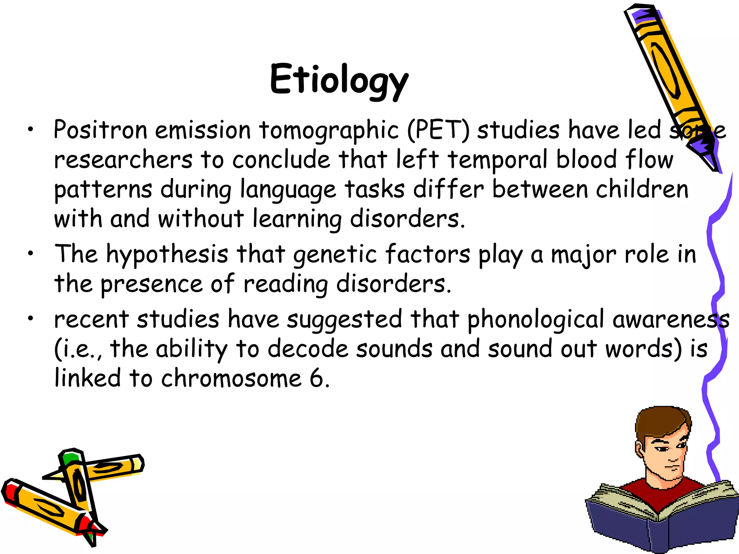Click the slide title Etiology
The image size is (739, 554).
(339, 80)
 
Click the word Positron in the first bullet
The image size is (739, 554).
(100, 130)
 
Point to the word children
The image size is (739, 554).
(642, 189)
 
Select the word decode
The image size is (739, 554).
(308, 349)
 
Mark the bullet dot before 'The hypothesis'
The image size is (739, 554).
(31, 254)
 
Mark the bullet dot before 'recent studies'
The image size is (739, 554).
(31, 318)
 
